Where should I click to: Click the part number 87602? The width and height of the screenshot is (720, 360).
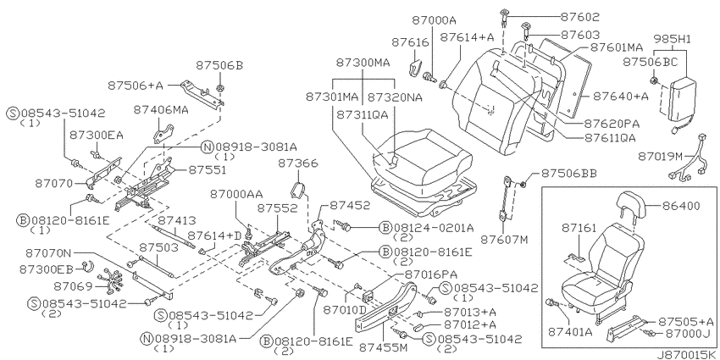click(x=580, y=17)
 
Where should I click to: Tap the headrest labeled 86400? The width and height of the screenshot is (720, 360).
click(x=632, y=202)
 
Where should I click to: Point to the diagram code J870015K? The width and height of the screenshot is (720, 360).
click(x=687, y=355)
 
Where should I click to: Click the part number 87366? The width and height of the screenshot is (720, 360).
click(x=298, y=164)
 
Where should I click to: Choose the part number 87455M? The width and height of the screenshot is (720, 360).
click(x=385, y=347)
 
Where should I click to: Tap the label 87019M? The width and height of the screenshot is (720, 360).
click(x=662, y=157)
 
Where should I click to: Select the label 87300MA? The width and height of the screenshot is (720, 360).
click(x=363, y=63)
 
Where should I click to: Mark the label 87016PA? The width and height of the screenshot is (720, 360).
click(x=430, y=274)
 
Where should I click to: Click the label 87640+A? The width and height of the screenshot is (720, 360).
click(x=620, y=96)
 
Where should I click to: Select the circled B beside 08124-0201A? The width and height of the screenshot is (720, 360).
click(x=385, y=227)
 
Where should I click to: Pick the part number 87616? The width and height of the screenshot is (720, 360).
click(x=410, y=42)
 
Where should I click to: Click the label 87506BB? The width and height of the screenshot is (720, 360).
click(x=568, y=173)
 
